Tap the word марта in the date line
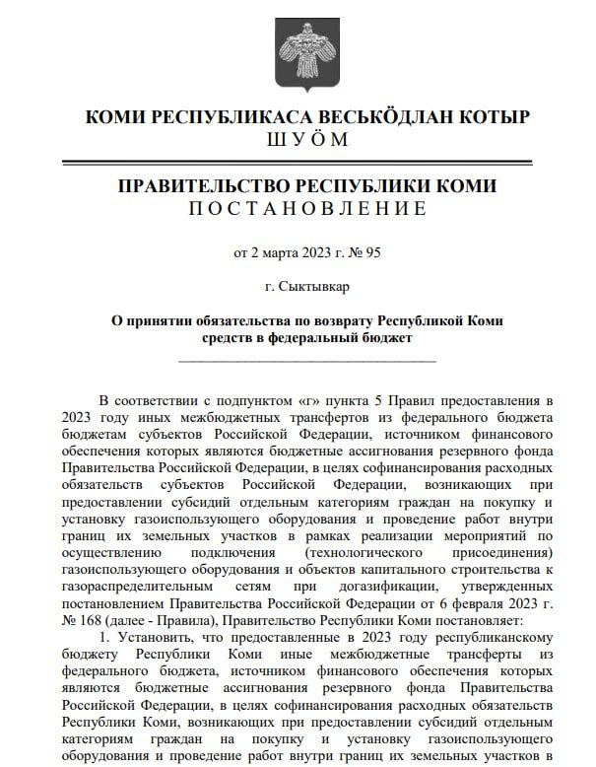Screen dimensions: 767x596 (x=278, y=252)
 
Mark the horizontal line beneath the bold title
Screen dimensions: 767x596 (x=307, y=360)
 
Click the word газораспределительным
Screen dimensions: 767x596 (x=137, y=589)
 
